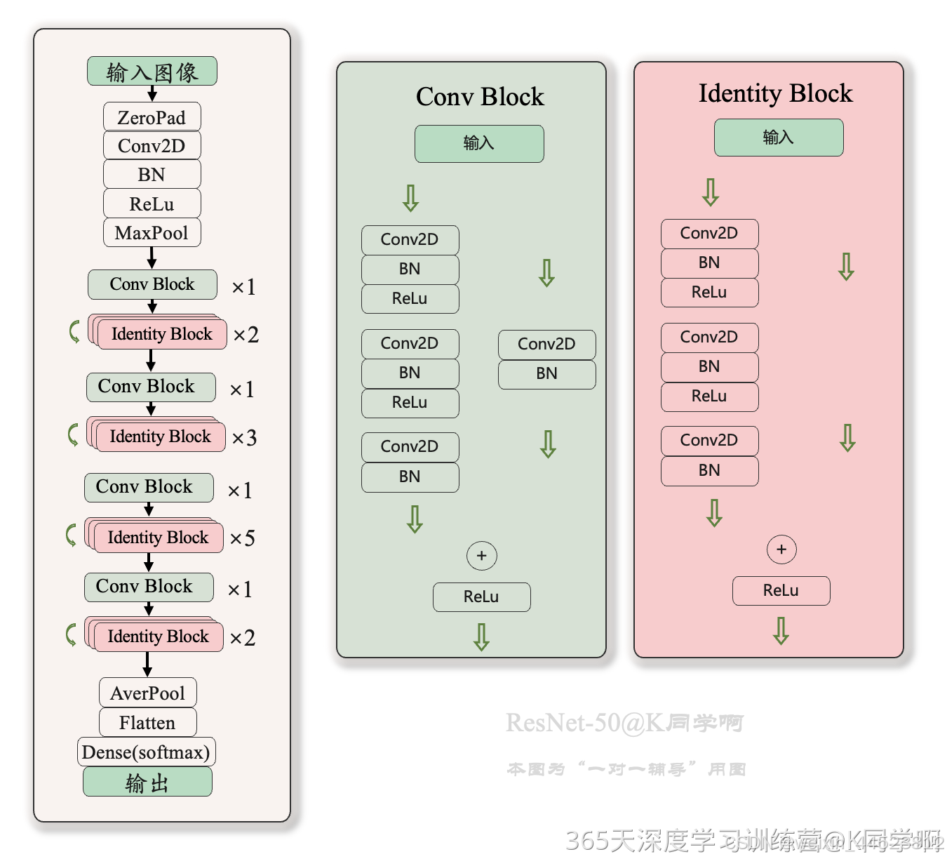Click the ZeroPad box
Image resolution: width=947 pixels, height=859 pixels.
(x=152, y=117)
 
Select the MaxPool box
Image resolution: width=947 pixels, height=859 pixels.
(x=152, y=233)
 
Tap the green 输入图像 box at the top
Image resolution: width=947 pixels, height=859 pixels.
(x=152, y=72)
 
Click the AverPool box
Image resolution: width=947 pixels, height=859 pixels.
(x=147, y=693)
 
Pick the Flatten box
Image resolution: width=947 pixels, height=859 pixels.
(x=147, y=722)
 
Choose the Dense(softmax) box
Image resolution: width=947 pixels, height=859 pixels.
(x=146, y=752)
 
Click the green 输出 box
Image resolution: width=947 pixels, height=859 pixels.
(x=147, y=782)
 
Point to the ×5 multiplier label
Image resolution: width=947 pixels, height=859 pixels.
(x=243, y=538)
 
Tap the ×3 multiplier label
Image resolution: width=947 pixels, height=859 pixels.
(x=244, y=438)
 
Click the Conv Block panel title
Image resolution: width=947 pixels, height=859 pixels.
(x=480, y=97)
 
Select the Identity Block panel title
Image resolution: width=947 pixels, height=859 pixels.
(x=775, y=93)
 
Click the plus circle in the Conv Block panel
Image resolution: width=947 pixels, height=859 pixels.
(x=481, y=556)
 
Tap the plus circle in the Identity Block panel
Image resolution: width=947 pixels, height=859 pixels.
(x=781, y=550)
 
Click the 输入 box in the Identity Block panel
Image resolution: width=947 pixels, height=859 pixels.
(x=779, y=138)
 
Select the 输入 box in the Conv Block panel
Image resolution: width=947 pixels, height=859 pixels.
(x=479, y=144)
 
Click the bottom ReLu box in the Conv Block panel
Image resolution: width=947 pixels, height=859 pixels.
(x=481, y=597)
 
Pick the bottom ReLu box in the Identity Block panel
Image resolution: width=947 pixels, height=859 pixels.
(x=781, y=591)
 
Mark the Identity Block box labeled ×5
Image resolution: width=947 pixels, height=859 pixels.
(x=158, y=538)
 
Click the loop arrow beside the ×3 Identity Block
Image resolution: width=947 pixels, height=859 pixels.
(x=73, y=434)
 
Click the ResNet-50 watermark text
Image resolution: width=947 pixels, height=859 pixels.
(x=624, y=722)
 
